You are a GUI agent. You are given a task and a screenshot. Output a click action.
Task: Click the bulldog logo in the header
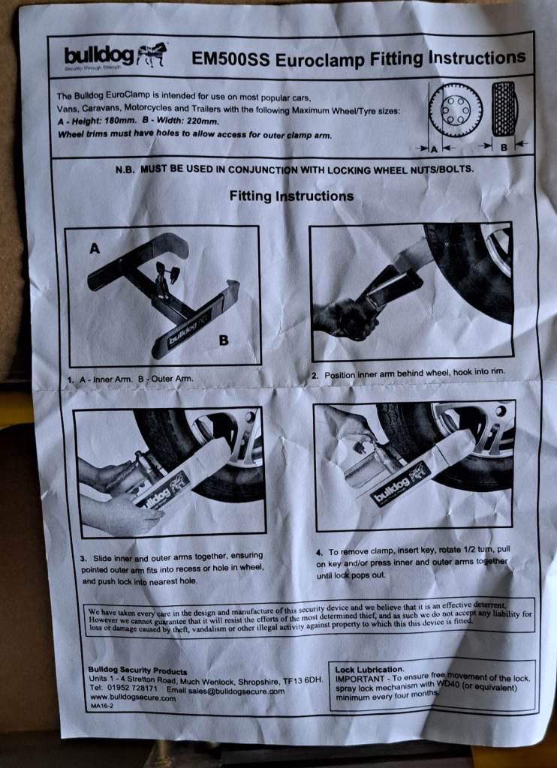click(x=116, y=55)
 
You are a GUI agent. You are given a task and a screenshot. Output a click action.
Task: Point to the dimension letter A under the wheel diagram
click(x=433, y=149)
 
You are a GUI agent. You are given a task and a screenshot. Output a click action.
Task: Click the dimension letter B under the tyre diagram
click(x=504, y=147)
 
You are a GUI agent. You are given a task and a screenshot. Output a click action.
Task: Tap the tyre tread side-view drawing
click(x=504, y=109)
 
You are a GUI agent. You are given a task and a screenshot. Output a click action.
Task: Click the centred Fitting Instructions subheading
click(x=291, y=196)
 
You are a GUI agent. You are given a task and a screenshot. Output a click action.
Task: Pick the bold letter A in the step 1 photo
click(x=95, y=249)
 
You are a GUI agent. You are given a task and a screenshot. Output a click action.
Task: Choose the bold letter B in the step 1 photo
click(x=224, y=340)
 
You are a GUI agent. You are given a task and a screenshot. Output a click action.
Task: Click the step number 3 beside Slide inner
click(x=83, y=559)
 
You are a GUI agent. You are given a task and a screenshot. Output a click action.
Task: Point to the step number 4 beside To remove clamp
click(x=320, y=553)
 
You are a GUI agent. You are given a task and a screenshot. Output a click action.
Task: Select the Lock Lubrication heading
click(x=369, y=669)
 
